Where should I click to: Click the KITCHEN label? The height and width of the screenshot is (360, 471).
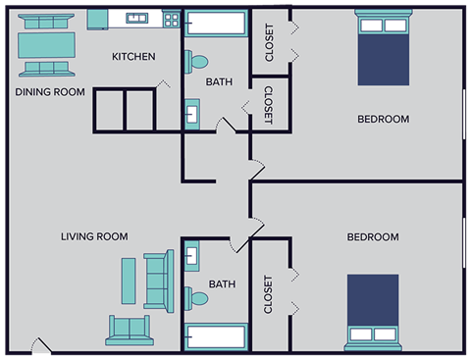click(133, 57)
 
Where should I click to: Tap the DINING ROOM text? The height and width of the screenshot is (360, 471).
click(50, 92)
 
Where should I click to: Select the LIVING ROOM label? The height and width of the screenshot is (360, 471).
click(94, 236)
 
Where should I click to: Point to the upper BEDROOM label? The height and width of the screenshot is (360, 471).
click(383, 119)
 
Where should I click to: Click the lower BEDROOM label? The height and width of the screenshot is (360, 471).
click(373, 237)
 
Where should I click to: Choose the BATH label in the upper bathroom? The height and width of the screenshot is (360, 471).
click(218, 82)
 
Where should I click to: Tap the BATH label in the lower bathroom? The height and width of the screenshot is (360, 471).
click(222, 284)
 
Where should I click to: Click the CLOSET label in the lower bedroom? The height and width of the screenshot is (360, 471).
click(268, 294)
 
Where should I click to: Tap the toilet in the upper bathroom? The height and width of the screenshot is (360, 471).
click(197, 61)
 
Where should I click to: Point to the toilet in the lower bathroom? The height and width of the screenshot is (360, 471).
click(197, 297)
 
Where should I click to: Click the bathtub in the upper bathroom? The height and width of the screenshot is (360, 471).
click(216, 25)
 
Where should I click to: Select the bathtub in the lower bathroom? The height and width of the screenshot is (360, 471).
click(216, 335)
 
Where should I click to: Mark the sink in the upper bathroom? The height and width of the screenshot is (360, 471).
click(192, 114)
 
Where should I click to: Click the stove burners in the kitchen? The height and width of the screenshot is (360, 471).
click(172, 19)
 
